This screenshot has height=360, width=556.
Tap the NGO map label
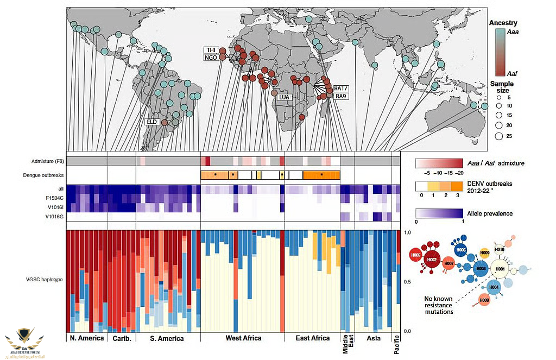211,58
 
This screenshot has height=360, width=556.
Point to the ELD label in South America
151,122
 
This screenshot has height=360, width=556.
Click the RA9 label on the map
340,96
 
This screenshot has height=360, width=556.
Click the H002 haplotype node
432,260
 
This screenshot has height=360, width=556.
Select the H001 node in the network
500,268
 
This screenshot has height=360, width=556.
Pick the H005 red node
416,255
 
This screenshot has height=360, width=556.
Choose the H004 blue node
494,286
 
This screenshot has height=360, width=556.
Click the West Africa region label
243,338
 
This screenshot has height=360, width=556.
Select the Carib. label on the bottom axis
121,338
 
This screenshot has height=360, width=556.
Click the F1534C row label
53,198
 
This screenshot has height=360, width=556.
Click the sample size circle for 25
498,136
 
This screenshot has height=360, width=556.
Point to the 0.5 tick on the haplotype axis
408,281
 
